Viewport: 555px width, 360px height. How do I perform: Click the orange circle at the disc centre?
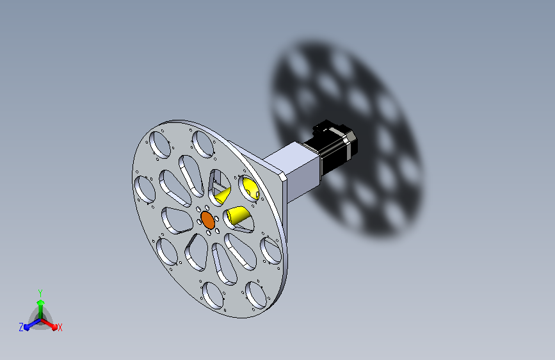[x=208, y=220]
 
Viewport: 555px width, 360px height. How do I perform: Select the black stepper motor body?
[x=330, y=148]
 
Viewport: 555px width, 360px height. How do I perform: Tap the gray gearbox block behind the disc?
[x=293, y=172]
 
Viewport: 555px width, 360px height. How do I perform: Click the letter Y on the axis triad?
[x=40, y=293]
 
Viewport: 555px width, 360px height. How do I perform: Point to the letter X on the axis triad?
[x=60, y=328]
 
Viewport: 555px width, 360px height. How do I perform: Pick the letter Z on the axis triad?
[x=21, y=327]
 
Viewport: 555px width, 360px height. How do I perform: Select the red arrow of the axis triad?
[x=49, y=324]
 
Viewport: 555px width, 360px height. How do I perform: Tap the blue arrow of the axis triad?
[x=32, y=324]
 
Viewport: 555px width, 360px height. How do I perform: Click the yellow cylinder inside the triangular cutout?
[x=223, y=195]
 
